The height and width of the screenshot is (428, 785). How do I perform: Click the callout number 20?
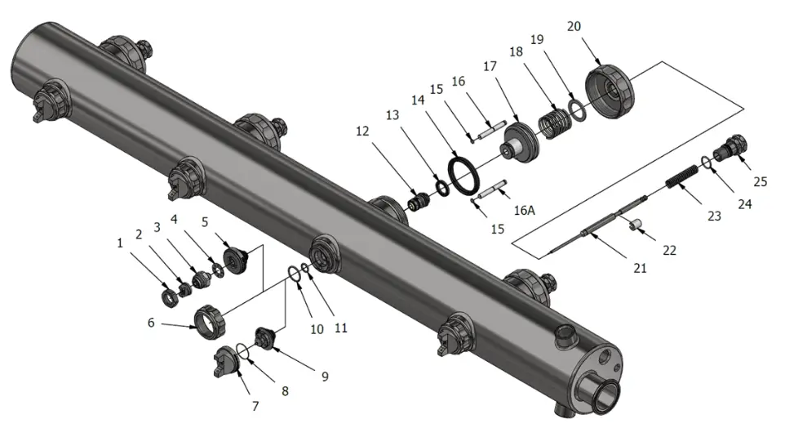(x=574, y=27)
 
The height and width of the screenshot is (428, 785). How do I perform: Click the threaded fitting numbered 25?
(x=729, y=149)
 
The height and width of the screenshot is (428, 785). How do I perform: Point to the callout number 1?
(x=120, y=243)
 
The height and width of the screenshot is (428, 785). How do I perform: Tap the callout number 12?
(x=362, y=130)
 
